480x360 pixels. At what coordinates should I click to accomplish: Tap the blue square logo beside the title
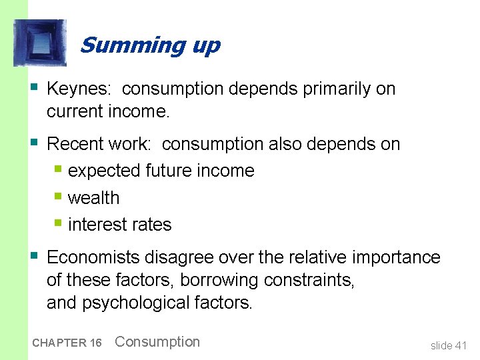click(40, 43)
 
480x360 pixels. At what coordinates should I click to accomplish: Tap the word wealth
click(93, 198)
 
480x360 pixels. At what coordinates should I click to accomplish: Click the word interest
click(95, 225)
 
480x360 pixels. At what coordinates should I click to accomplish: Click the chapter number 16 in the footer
click(95, 343)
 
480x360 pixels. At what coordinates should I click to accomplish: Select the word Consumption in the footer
click(157, 342)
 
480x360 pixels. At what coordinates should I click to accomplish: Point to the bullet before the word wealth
click(59, 197)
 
